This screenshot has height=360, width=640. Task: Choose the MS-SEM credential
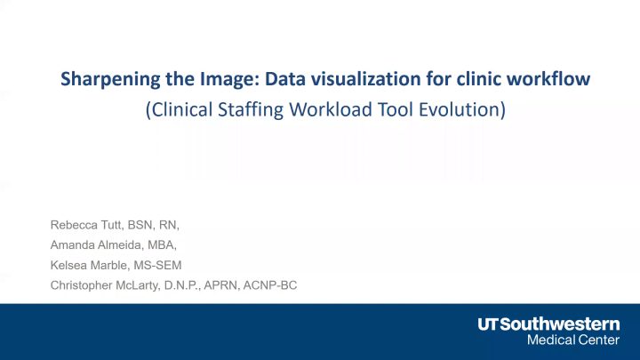pyautogui.click(x=156, y=265)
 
